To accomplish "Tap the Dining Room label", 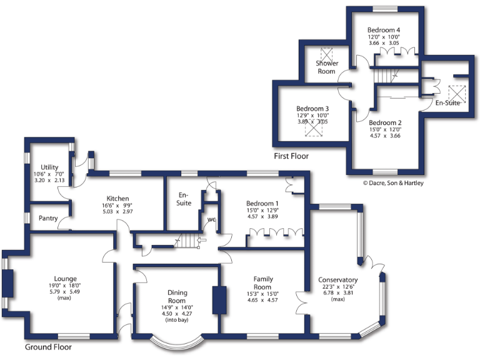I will [x=177, y=296].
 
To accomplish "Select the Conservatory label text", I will [x=337, y=280].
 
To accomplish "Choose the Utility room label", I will [x=50, y=167].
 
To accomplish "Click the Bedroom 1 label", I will [x=262, y=204].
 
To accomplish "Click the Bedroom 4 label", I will [x=384, y=30].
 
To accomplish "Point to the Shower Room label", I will [x=326, y=67].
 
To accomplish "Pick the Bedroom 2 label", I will [x=385, y=122].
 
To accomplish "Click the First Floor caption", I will [x=291, y=156].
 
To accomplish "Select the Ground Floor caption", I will [x=48, y=347].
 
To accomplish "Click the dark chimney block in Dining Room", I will [x=219, y=300].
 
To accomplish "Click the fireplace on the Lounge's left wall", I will [x=8, y=284].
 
